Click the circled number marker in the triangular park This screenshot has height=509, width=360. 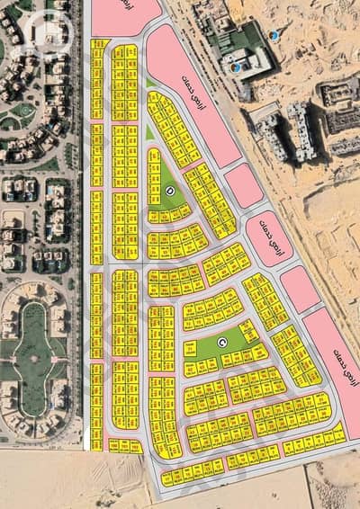171,192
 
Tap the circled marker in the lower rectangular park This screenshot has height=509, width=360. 223,342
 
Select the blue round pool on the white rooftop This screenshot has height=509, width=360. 237,66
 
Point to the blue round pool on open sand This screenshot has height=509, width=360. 274,35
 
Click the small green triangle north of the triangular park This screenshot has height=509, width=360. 148,131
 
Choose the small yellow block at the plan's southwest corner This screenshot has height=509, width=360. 125,445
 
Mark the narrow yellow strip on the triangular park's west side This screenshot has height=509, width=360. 154,171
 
